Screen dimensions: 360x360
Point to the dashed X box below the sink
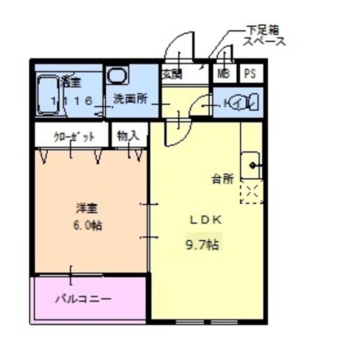click(251, 192)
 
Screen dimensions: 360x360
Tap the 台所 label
click(222, 179)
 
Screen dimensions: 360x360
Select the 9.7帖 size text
click(202, 245)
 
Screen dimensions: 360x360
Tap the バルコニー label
click(83, 298)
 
